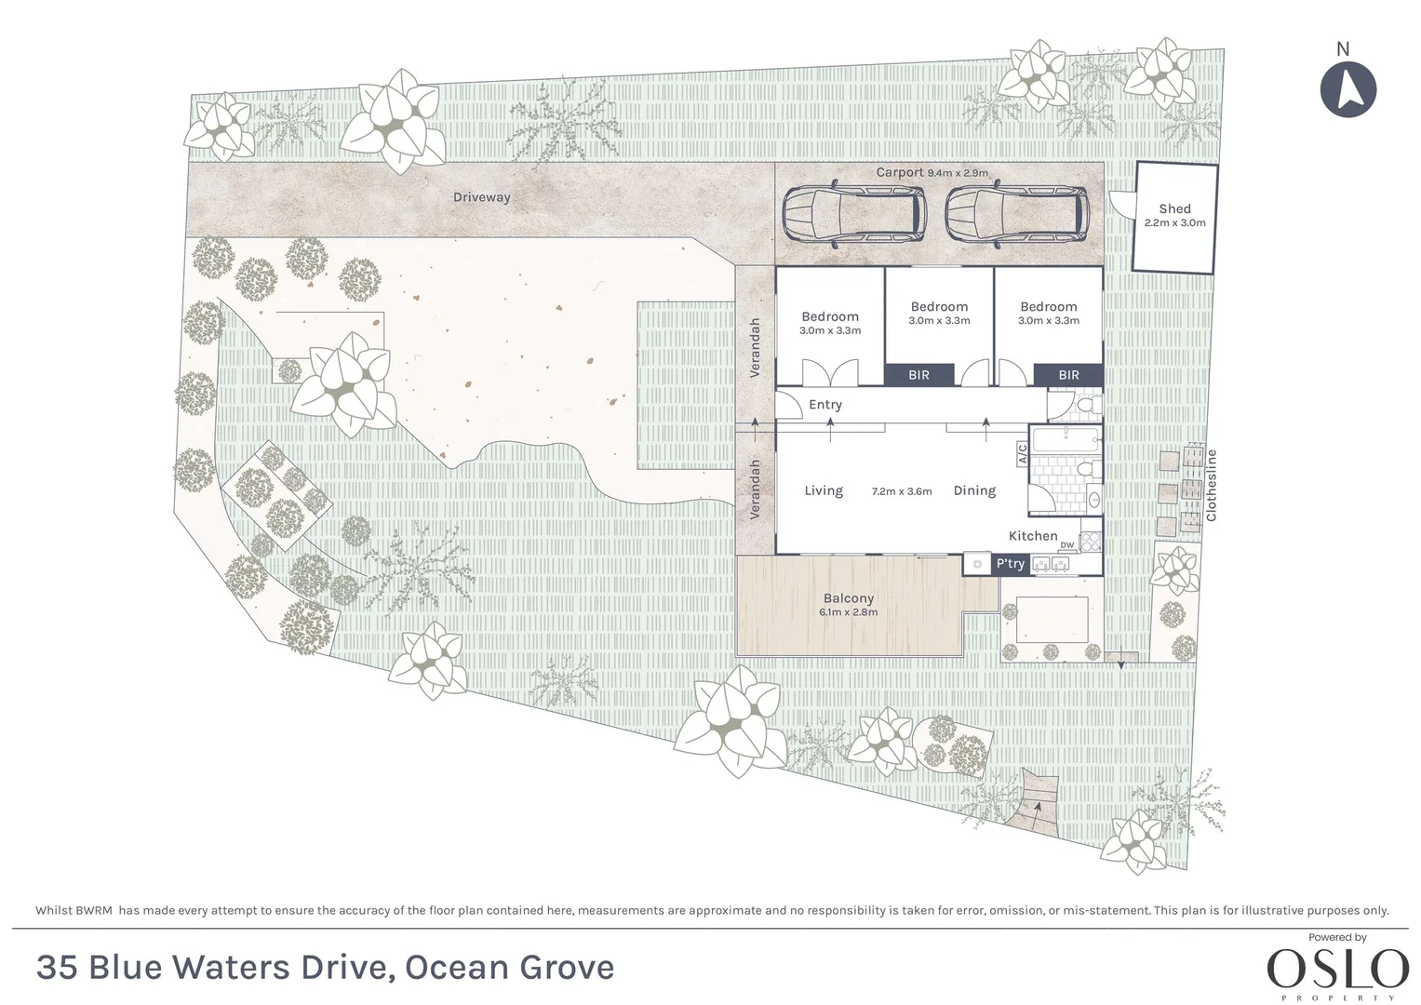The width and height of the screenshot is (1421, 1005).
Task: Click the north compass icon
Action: click(x=1348, y=89)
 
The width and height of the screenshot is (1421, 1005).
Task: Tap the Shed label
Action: click(x=1174, y=209)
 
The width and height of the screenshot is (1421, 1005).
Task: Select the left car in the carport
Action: click(x=854, y=215)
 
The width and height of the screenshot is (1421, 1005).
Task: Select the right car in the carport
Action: click(x=1016, y=215)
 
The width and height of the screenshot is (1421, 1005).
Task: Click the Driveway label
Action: click(x=481, y=197)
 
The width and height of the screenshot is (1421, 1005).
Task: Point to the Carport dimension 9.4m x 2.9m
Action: click(x=958, y=173)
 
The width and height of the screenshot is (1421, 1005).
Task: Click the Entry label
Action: click(x=824, y=405)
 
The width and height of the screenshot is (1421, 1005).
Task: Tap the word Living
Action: click(x=824, y=490)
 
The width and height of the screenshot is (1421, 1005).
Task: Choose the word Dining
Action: click(x=974, y=490)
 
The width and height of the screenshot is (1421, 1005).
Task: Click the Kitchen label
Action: click(x=1033, y=536)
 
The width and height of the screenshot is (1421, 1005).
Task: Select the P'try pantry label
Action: click(x=1010, y=564)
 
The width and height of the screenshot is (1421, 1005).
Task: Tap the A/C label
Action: click(x=1021, y=453)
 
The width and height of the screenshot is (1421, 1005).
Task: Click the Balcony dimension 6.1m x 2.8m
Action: click(x=848, y=612)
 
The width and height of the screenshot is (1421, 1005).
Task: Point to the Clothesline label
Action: click(x=1211, y=485)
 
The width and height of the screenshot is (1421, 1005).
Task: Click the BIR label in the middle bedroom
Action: click(x=918, y=375)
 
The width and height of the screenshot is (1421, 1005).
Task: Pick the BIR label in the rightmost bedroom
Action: click(x=1068, y=375)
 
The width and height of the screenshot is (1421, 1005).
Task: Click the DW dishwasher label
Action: click(x=1066, y=545)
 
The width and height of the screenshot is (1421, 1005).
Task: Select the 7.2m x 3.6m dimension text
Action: click(x=901, y=491)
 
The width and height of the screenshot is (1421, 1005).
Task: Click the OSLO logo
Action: click(x=1337, y=970)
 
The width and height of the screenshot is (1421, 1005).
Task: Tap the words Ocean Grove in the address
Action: click(x=509, y=968)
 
